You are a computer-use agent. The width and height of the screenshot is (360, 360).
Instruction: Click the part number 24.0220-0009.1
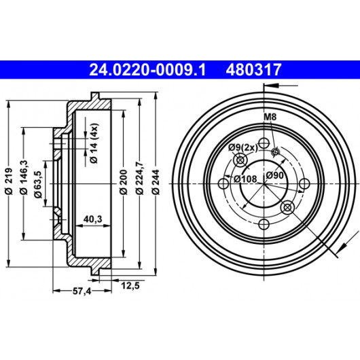147,70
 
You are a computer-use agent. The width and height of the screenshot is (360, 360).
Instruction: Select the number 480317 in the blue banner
254,70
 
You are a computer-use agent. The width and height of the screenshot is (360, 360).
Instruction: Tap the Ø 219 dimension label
9,181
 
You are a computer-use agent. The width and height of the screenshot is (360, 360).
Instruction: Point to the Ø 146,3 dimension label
24,177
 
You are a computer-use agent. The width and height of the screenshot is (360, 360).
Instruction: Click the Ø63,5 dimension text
38,184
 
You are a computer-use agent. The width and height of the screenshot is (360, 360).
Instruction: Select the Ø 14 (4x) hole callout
94,143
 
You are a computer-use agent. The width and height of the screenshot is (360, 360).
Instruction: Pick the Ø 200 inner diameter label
124,182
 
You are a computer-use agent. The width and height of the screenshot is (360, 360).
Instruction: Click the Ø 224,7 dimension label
139,178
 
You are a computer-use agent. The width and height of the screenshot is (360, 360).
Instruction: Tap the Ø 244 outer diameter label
156,182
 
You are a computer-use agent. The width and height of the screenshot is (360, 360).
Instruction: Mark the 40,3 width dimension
93,219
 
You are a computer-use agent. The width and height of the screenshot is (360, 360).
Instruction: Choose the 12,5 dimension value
130,285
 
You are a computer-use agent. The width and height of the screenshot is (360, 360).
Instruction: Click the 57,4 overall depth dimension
82,291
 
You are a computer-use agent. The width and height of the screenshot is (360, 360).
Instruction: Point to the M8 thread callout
270,117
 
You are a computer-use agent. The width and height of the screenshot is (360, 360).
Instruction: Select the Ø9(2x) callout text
243,147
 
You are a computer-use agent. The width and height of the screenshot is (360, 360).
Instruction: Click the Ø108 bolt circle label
245,179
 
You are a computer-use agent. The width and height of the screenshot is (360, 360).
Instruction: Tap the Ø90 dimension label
275,176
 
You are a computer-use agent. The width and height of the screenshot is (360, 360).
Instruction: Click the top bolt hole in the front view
264,143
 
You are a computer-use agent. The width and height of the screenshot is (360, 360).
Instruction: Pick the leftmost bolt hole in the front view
223,183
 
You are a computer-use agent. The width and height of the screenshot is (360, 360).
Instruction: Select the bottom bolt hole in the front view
264,224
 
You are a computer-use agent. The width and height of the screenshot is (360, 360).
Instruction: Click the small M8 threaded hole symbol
275,151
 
